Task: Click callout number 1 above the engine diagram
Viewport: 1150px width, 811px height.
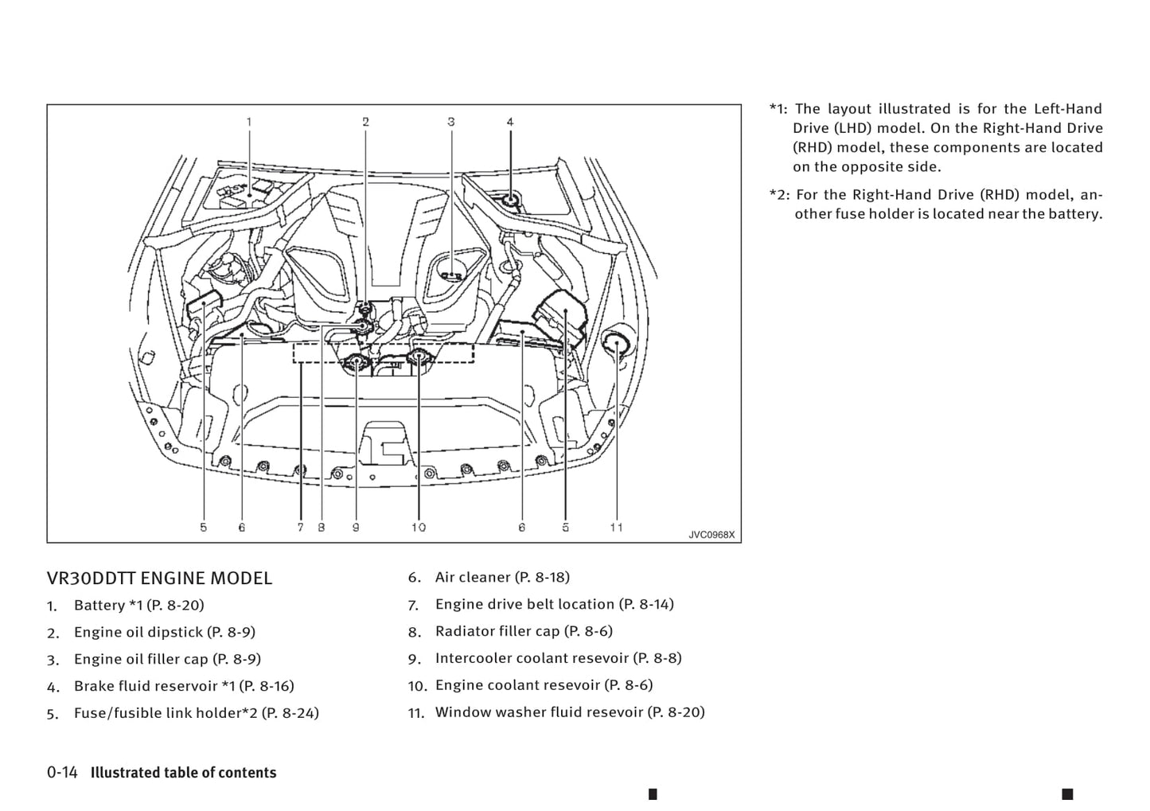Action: click(x=249, y=122)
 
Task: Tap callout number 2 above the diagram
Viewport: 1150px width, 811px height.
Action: click(x=366, y=122)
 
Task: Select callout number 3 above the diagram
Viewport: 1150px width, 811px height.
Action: click(x=451, y=122)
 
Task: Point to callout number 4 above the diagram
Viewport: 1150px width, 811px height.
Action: click(x=510, y=122)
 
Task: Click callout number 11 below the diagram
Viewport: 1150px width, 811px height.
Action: click(x=616, y=527)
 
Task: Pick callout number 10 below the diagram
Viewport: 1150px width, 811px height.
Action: click(x=419, y=527)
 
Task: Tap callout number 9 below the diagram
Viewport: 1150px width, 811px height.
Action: click(x=356, y=527)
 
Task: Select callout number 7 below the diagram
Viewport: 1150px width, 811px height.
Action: click(x=300, y=527)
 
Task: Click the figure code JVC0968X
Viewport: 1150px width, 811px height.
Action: click(x=711, y=535)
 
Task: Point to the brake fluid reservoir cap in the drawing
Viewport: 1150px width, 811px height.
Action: click(x=509, y=197)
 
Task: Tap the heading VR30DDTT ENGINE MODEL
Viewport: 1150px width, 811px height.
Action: click(x=159, y=579)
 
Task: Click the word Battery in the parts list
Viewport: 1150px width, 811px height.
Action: click(x=99, y=606)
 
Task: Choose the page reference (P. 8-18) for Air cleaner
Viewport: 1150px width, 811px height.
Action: click(x=542, y=577)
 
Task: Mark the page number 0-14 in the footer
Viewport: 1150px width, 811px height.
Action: click(x=62, y=773)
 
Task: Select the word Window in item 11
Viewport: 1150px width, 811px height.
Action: click(x=462, y=712)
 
